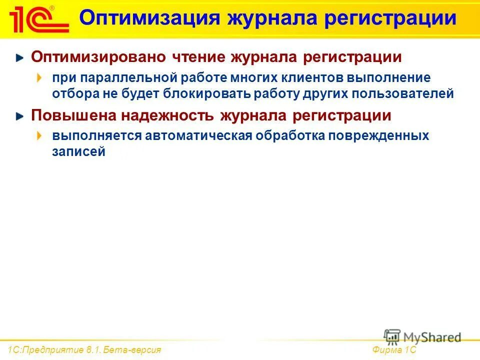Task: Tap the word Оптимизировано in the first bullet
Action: [98, 57]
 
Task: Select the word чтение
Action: [198, 57]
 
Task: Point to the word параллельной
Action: [125, 78]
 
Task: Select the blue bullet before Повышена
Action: [19, 116]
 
